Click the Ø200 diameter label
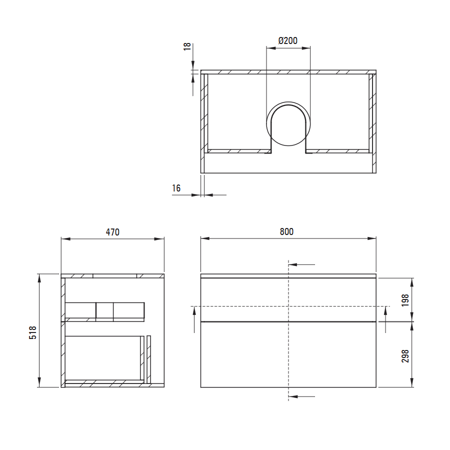pyautogui.click(x=288, y=41)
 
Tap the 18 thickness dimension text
pyautogui.click(x=187, y=46)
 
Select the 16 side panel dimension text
pyautogui.click(x=176, y=188)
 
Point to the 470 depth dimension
pyautogui.click(x=112, y=232)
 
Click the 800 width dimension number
pyautogui.click(x=286, y=231)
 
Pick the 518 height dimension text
pyautogui.click(x=32, y=332)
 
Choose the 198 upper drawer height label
pyautogui.click(x=405, y=300)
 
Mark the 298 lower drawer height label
pyautogui.click(x=405, y=356)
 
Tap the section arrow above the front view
pyautogui.click(x=301, y=264)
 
